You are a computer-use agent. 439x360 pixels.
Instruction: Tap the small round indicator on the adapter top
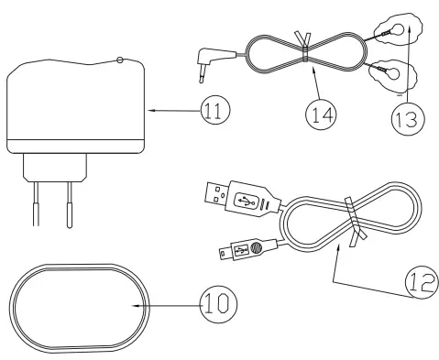click(x=119, y=60)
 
